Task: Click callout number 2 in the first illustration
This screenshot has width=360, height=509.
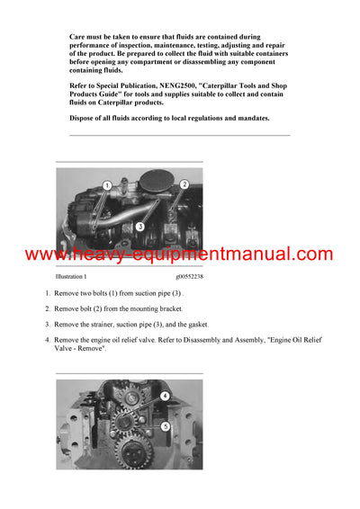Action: tap(184, 184)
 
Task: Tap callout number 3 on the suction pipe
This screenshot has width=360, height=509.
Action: tap(139, 227)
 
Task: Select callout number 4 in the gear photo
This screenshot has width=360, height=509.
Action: tap(166, 396)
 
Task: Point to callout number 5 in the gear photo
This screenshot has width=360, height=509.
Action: tap(166, 425)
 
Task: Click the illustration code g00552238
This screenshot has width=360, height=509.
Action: tap(190, 278)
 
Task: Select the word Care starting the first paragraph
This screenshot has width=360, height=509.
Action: tap(78, 37)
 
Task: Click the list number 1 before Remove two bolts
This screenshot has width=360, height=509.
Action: tap(48, 294)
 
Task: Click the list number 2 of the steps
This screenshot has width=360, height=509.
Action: tap(48, 309)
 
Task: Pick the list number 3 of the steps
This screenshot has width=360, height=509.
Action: tap(48, 324)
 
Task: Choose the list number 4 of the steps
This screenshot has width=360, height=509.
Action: tap(48, 340)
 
